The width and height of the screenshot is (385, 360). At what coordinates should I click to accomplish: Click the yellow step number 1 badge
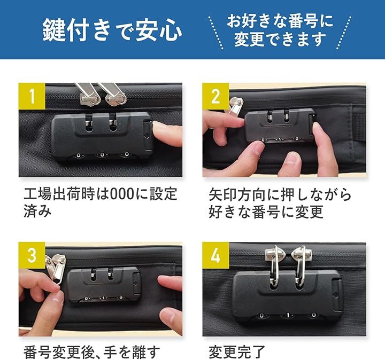(x=32, y=96)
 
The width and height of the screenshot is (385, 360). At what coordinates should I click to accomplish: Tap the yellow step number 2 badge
(x=215, y=96)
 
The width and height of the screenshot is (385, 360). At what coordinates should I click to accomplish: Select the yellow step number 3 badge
(x=32, y=255)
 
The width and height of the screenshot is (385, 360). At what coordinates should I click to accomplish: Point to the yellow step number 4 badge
(x=215, y=255)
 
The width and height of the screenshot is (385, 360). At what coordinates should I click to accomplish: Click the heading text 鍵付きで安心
(x=112, y=30)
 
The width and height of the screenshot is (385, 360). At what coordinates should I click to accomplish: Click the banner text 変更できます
(x=280, y=39)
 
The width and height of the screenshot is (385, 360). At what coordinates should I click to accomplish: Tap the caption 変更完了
(x=237, y=352)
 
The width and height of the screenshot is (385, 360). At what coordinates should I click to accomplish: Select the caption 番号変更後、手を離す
(x=92, y=352)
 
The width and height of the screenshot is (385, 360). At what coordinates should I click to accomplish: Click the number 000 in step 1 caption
(x=122, y=194)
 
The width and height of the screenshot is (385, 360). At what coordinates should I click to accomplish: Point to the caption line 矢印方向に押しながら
(x=280, y=194)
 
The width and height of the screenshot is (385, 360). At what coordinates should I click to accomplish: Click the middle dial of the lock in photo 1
(x=102, y=155)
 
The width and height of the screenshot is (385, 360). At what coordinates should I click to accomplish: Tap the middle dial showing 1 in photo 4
(x=288, y=315)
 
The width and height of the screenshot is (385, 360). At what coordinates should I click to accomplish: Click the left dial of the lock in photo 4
(x=261, y=315)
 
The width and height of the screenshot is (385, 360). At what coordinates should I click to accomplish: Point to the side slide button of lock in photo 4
(x=337, y=295)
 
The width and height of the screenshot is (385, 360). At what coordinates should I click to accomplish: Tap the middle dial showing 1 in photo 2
(x=280, y=139)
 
